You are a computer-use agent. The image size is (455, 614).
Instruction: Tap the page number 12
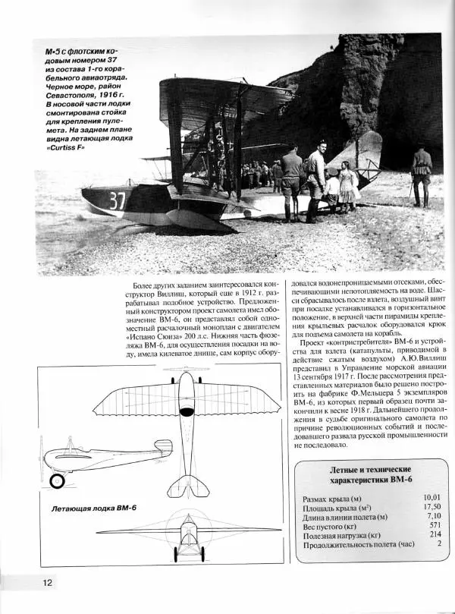[x=47, y=582]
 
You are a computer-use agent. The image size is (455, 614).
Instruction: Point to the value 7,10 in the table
[x=431, y=516]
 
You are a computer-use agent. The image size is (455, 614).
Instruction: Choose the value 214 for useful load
[x=433, y=534]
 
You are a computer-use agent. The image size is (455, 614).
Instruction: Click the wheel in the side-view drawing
[x=58, y=480]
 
